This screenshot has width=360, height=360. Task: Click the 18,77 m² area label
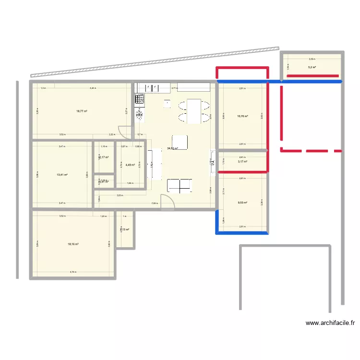click(x=82, y=111)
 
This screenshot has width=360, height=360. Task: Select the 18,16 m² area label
click(x=73, y=244)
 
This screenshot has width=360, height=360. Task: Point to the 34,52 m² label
click(x=172, y=149)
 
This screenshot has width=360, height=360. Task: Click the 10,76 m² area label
click(x=242, y=116)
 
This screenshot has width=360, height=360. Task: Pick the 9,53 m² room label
click(x=242, y=202)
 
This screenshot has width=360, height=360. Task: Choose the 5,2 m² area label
click(x=312, y=67)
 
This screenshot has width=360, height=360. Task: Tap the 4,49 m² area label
click(x=130, y=165)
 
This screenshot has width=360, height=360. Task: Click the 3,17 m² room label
click(x=242, y=162)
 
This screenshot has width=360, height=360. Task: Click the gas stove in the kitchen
click(x=140, y=99)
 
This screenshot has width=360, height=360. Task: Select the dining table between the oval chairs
click(x=194, y=110)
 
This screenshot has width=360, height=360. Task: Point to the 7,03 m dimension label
click(x=154, y=204)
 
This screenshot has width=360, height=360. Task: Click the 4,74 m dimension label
click(x=72, y=272)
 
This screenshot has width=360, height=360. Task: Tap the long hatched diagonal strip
click(x=154, y=62)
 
